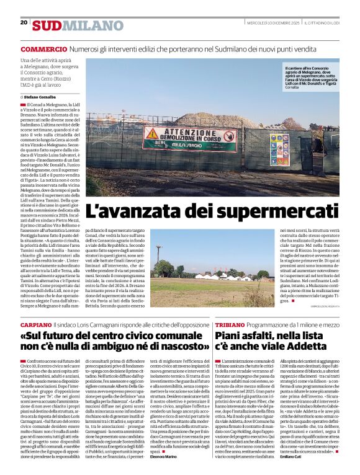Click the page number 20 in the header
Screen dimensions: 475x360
point(24,22)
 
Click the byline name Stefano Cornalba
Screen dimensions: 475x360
point(42,97)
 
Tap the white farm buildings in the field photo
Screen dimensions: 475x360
point(211,276)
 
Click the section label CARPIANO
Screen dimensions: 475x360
point(36,324)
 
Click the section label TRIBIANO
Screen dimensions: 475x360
point(231,324)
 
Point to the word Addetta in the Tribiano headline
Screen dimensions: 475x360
point(309,347)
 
